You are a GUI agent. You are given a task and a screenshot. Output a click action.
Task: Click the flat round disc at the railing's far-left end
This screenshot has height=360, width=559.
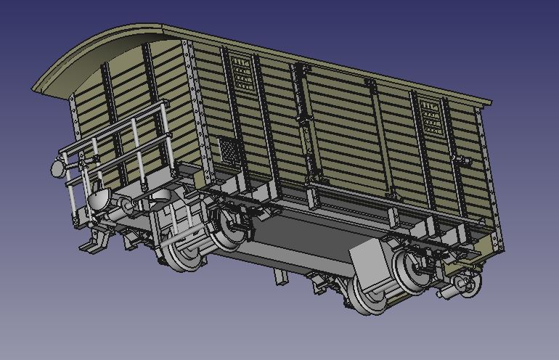coord(57,168)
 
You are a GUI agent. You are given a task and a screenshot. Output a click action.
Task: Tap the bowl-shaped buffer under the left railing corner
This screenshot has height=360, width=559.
coord(100,197)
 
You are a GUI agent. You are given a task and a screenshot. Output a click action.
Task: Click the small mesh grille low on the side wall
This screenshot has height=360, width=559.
coord(229,151)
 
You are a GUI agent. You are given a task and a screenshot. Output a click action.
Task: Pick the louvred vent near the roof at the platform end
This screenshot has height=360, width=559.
coord(240,73)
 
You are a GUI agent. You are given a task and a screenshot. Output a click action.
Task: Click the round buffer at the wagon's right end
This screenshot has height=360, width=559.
coord(468,287)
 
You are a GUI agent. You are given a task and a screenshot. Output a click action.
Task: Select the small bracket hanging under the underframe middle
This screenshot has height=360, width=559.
coord(279,276)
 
